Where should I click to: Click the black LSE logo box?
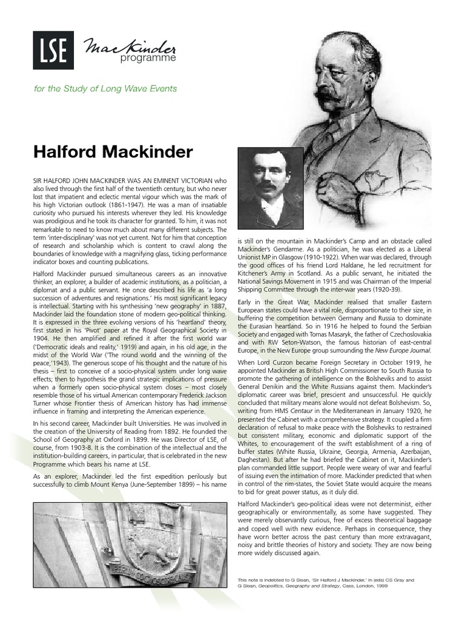pos(53,50)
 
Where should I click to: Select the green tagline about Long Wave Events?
pos(105,88)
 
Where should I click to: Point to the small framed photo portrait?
pos(271,188)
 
